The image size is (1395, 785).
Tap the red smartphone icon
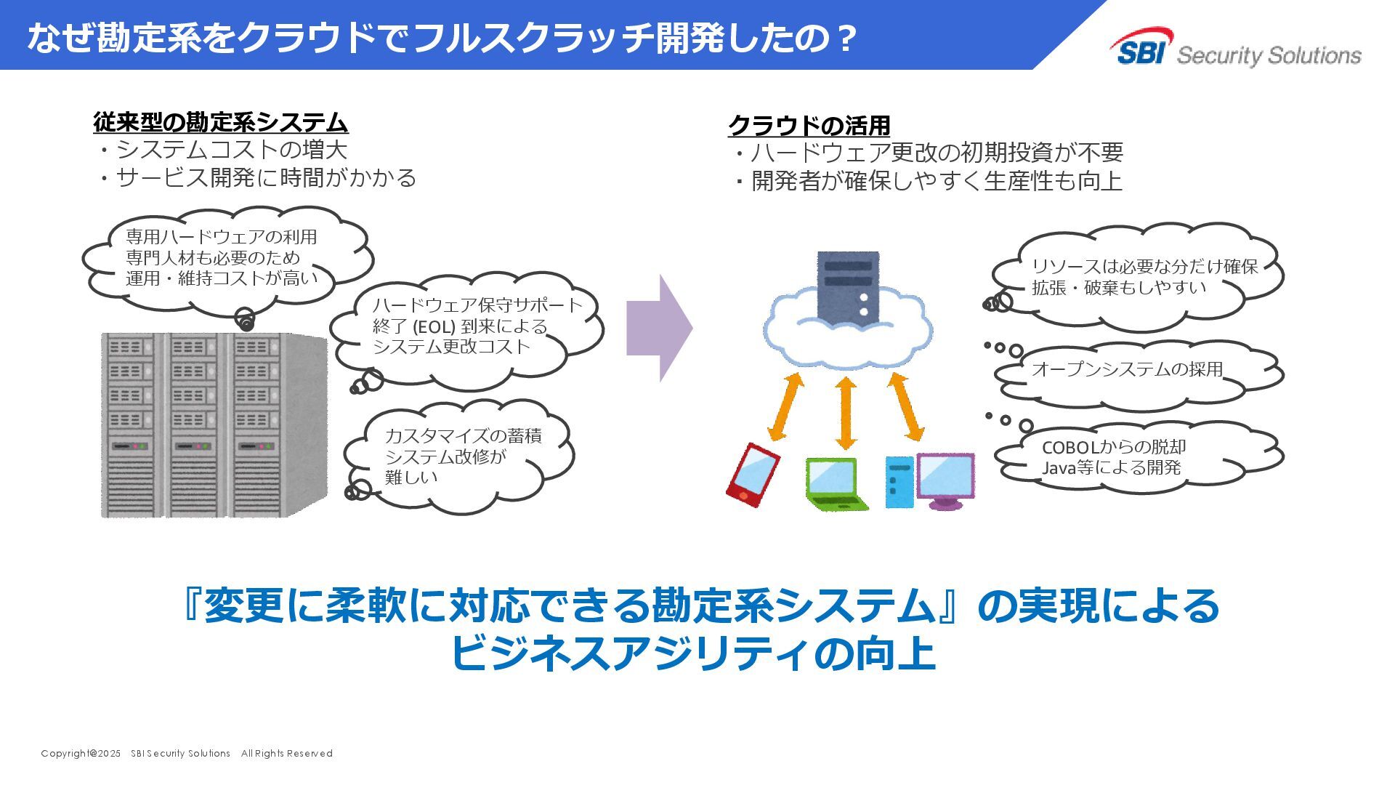[x=753, y=475]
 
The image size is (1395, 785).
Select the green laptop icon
[x=836, y=483]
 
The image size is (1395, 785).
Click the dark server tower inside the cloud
[x=848, y=286]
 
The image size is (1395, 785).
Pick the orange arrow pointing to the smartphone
[x=785, y=406]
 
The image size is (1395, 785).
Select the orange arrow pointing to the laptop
[x=846, y=412]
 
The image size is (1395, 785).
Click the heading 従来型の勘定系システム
[x=221, y=121]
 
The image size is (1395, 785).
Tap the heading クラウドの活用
[x=809, y=125]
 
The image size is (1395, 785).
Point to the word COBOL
[x=1070, y=447]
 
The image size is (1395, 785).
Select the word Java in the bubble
[x=1059, y=467]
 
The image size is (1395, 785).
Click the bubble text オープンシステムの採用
[x=1127, y=369]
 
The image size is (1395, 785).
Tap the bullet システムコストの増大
[x=231, y=150]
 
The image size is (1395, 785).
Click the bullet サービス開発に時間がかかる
[x=265, y=177]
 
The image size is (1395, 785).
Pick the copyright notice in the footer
[x=187, y=753]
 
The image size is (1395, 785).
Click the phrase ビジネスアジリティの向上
[x=692, y=653]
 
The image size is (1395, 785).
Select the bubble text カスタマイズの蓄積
[x=463, y=436]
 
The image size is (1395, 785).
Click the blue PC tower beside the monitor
[x=899, y=482]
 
